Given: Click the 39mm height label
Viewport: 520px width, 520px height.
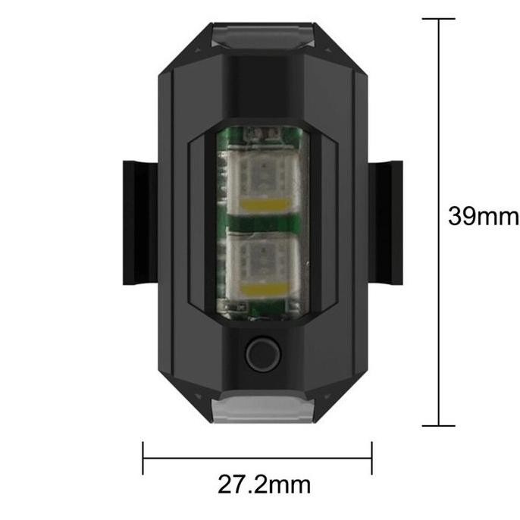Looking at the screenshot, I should point(483,218).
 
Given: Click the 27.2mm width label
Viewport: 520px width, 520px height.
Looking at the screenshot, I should point(263,483).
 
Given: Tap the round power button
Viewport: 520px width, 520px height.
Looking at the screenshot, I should point(263,354).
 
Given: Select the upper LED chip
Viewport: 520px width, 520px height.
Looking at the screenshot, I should point(263,181).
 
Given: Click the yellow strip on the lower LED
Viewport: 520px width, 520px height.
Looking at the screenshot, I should point(263,289).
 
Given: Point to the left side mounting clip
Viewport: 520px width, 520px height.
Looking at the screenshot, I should point(139,222).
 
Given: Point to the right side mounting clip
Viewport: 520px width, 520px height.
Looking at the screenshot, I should point(385,222).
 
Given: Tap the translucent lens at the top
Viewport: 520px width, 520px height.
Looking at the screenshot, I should point(263,35).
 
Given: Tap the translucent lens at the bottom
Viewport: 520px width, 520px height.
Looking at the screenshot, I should point(263,409).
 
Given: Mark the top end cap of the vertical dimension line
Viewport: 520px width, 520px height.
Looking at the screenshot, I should point(439,19).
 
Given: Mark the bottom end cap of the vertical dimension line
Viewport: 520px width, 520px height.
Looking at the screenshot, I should point(439,425).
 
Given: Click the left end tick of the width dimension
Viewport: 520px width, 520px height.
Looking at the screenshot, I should point(143,458).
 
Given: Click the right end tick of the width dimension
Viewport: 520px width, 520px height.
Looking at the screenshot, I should point(371,458).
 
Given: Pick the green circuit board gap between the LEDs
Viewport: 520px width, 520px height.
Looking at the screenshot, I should point(263,224).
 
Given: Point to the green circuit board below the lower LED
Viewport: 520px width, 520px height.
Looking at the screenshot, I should point(263,311).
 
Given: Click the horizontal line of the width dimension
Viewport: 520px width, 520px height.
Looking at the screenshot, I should point(258,458).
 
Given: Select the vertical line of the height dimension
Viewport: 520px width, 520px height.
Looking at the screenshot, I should point(439,114).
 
